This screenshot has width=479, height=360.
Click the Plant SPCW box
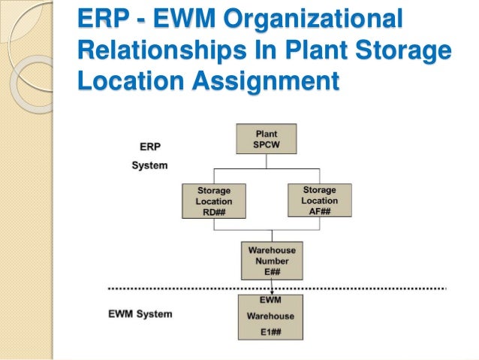266,139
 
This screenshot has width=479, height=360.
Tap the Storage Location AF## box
319,201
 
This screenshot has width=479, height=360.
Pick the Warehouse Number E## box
271,261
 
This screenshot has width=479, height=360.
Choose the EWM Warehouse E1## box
270,316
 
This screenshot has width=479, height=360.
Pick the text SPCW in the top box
266,144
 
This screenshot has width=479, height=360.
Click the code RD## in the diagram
214,213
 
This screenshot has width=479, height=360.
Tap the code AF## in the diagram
319,211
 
